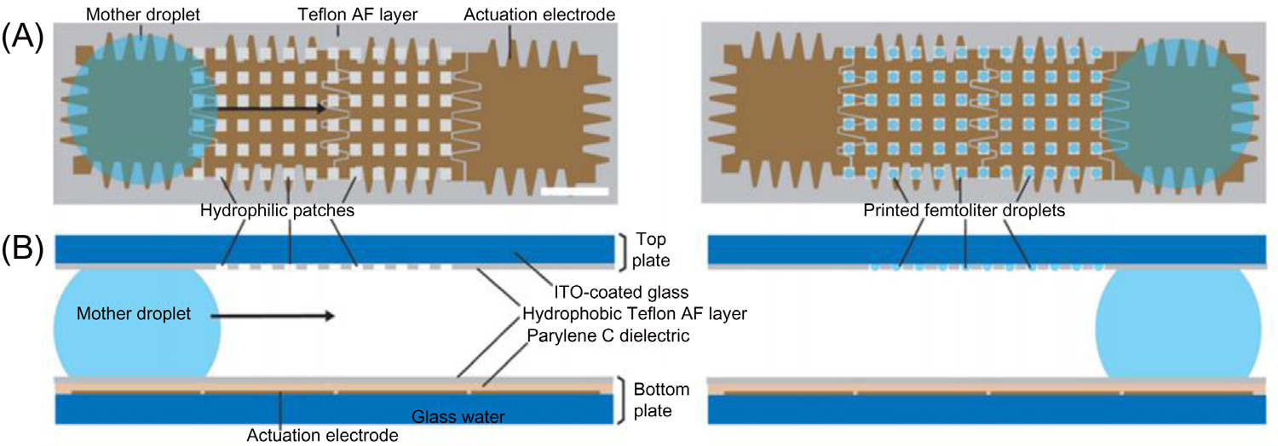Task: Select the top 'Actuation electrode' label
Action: click(x=538, y=14)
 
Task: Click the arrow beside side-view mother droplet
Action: click(x=273, y=316)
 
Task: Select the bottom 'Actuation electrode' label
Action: click(x=322, y=436)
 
